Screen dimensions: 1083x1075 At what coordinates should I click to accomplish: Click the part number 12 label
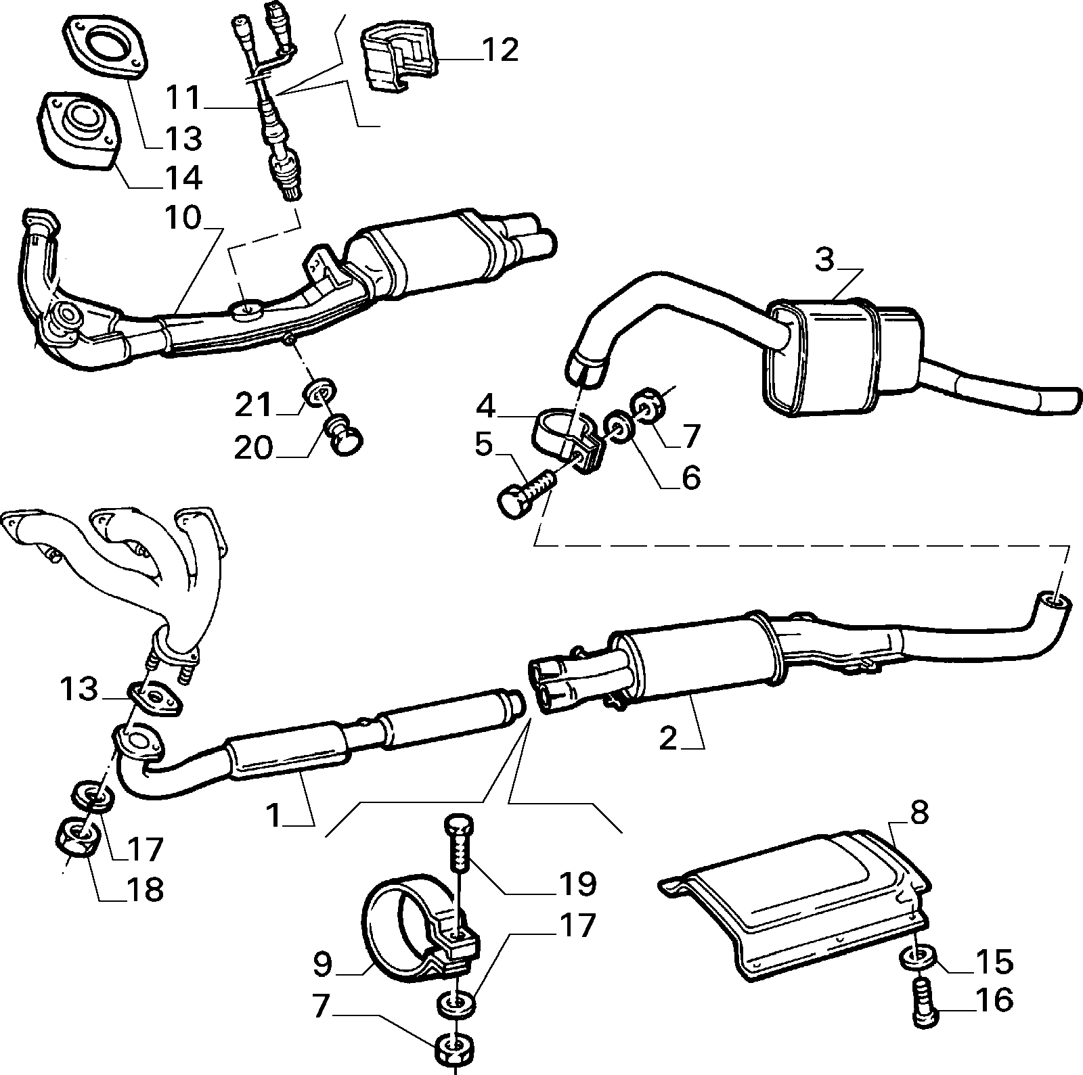coord(500,50)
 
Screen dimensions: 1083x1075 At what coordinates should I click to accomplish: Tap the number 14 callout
coord(183,178)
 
